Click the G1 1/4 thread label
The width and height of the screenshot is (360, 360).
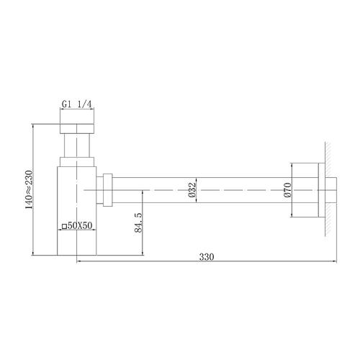pyautogui.click(x=76, y=104)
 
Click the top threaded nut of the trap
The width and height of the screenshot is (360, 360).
pyautogui.click(x=76, y=129)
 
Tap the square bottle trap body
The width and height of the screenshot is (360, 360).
pyautogui.click(x=76, y=209)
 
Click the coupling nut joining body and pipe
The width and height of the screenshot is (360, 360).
pyautogui.click(x=107, y=189)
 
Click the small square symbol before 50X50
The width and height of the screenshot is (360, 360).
pyautogui.click(x=64, y=226)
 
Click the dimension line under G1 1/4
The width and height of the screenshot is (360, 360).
pyautogui.click(x=76, y=111)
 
